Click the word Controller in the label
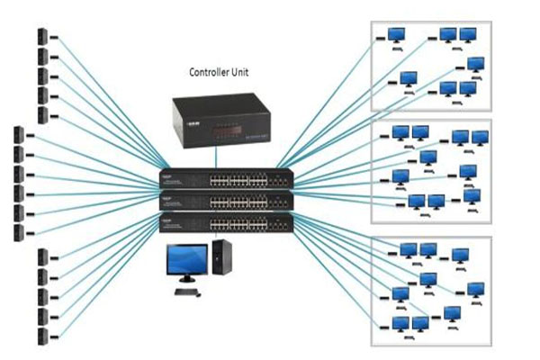pos(209,71)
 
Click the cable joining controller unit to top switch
pos(216,161)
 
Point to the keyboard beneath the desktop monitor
pos(187,292)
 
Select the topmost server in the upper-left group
pos(42,37)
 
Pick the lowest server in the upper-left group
pos(42,114)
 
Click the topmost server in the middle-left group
pos(18,136)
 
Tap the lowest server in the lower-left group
pos(42,336)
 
